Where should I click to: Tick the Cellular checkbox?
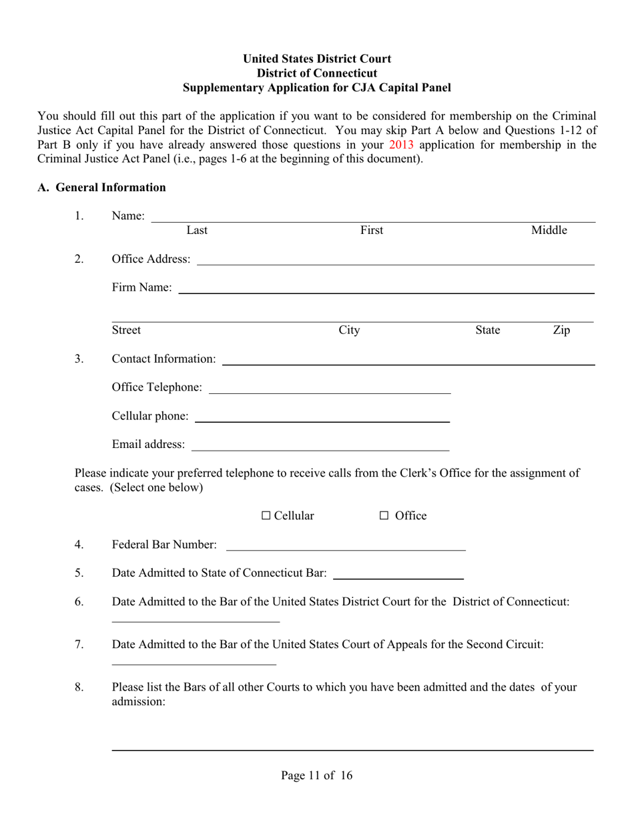pos(266,515)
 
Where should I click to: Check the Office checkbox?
pos(384,515)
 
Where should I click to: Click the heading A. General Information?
pos(101,187)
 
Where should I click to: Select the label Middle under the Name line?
pos(549,231)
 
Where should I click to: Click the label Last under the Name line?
pos(197,231)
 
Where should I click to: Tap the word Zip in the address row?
pos(561,330)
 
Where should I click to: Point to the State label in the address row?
pos(487,330)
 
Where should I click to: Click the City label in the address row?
pos(349,330)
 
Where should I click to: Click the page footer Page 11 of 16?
pos(317,775)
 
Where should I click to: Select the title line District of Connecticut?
pos(317,73)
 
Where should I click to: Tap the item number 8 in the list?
pos(79,687)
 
